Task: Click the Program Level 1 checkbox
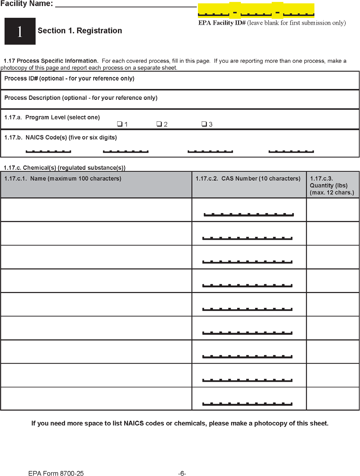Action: coord(120,124)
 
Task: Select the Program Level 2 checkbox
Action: coord(159,124)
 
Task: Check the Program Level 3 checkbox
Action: coord(204,124)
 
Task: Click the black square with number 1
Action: coord(20,31)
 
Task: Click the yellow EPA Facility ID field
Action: coord(256,11)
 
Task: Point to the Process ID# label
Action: coord(69,79)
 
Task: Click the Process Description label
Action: coord(81,98)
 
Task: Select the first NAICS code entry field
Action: coord(48,150)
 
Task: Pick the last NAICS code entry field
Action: coord(291,150)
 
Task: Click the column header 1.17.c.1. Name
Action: coord(63,179)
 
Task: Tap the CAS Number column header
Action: coord(248,179)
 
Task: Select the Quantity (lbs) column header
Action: coord(332,185)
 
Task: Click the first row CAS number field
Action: coord(249,213)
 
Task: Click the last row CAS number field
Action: coord(247,402)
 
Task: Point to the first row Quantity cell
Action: coord(333,210)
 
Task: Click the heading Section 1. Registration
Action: coord(80,31)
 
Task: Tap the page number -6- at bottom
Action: coord(182,474)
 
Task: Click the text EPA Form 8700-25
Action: coord(56,474)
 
